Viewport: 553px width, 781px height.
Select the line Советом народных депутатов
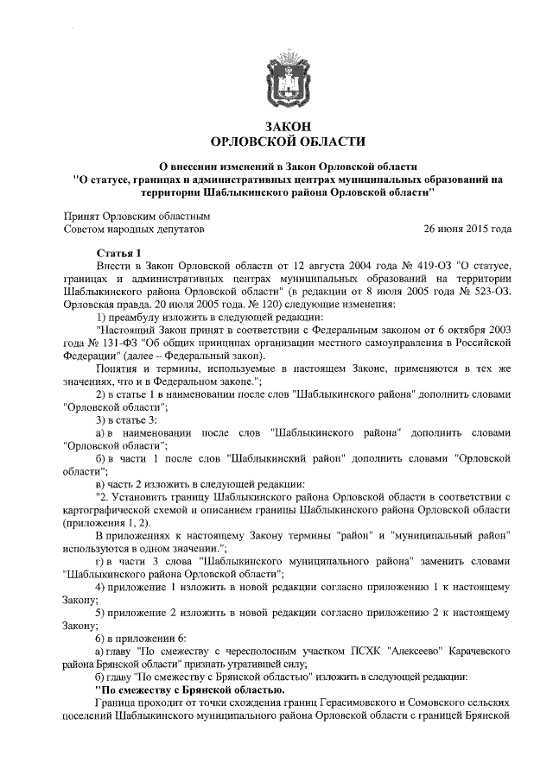pyautogui.click(x=134, y=230)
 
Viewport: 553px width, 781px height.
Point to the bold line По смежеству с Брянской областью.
pyautogui.click(x=188, y=690)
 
